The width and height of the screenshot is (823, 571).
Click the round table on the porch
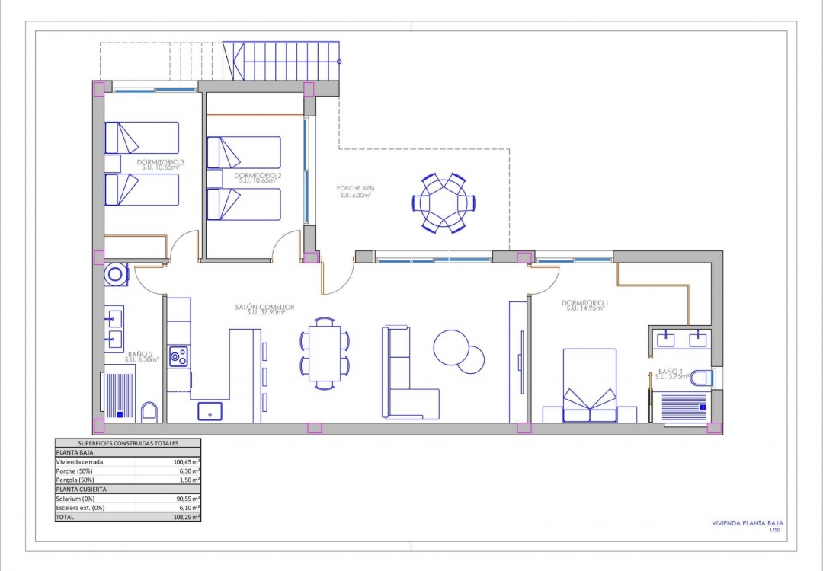444,203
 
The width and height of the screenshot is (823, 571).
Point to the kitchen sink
210,411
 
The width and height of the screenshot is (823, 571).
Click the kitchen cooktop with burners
178,356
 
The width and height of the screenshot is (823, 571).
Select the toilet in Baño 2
149,412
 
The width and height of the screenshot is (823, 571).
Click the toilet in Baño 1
701,378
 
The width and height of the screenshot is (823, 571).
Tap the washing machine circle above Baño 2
117,273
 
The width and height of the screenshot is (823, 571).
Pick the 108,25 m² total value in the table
186,517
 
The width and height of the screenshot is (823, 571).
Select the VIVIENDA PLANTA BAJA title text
746,523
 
